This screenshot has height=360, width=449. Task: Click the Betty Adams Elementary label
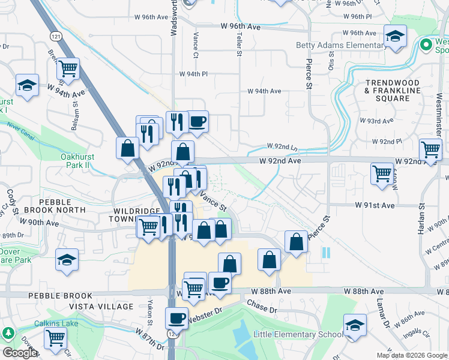pyautogui.click(x=340, y=45)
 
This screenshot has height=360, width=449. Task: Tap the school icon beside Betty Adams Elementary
pyautogui.click(x=395, y=37)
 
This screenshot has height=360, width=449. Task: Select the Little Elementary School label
pyautogui.click(x=298, y=334)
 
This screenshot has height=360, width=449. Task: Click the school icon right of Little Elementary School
pyautogui.click(x=355, y=326)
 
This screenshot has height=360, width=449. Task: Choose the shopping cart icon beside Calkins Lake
pyautogui.click(x=55, y=338)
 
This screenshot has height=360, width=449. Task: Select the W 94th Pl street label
pyautogui.click(x=193, y=74)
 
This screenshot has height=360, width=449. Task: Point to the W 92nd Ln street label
pyautogui.click(x=282, y=147)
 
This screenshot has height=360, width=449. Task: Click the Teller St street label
pyautogui.click(x=238, y=44)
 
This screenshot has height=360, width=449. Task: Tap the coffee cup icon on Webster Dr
pyautogui.click(x=176, y=318)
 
